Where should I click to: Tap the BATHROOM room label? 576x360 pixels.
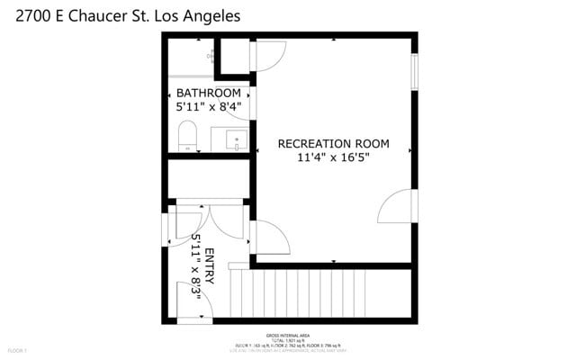[x=208, y=93]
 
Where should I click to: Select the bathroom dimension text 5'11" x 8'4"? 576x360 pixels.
[x=208, y=107]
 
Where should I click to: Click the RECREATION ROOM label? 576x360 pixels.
[x=333, y=143]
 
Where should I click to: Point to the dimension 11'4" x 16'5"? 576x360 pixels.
[x=333, y=157]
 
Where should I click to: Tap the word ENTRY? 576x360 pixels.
[x=210, y=267]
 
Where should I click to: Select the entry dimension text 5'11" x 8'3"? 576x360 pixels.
[x=195, y=267]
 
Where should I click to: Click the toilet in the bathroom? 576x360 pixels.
[x=187, y=138]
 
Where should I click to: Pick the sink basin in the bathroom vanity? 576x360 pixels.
[x=236, y=139]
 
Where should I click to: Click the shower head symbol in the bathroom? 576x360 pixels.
[x=212, y=56]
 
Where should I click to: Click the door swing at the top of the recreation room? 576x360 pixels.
[x=268, y=56]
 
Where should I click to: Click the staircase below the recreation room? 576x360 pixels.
[x=297, y=292]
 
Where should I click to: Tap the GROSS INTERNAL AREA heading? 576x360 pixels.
[x=289, y=333]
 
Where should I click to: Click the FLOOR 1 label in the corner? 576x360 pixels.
[x=18, y=349]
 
